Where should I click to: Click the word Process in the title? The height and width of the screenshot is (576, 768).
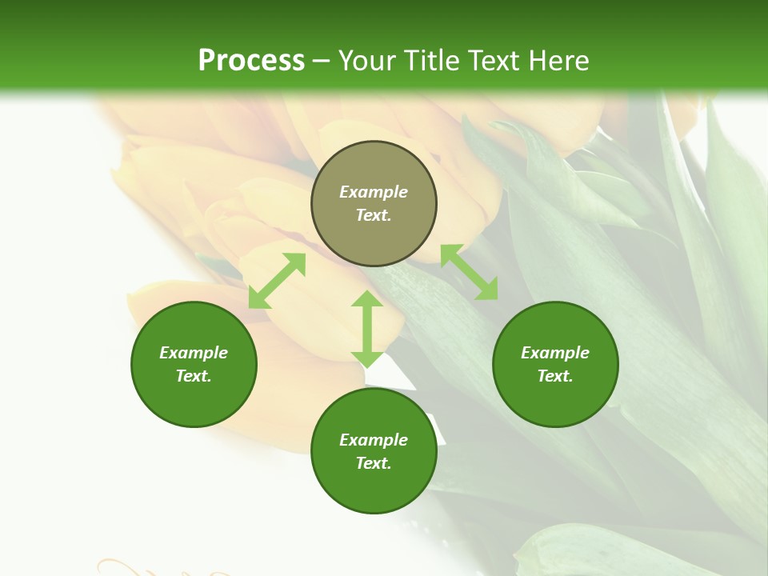[251, 61]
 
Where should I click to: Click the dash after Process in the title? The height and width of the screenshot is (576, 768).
[322, 62]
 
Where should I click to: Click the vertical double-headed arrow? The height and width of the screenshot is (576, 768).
[367, 329]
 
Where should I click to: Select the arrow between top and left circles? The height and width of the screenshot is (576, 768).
[277, 281]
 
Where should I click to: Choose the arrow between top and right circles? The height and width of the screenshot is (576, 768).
[469, 272]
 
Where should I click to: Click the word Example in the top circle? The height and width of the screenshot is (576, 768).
[374, 192]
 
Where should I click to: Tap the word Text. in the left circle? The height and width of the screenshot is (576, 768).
[194, 376]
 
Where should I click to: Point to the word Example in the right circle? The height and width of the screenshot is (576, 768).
[555, 353]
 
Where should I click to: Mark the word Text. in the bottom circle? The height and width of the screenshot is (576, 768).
[374, 463]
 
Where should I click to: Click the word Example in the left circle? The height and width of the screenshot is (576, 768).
[194, 353]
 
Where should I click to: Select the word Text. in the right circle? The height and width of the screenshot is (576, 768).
[555, 376]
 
